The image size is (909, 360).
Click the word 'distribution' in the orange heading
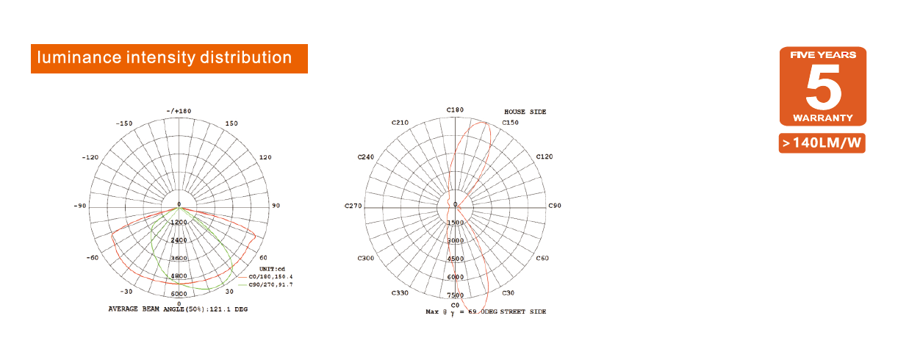[x=245, y=57]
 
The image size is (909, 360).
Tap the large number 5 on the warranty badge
[x=823, y=87]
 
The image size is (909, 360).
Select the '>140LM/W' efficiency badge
[x=822, y=143]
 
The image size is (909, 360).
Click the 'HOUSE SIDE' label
[x=525, y=112]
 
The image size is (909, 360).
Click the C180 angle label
[x=455, y=110]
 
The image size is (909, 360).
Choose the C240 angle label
[x=366, y=157]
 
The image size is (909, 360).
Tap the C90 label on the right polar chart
[x=555, y=206]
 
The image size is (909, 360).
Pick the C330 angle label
[x=400, y=293]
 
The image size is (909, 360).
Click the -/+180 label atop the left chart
[x=179, y=111]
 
